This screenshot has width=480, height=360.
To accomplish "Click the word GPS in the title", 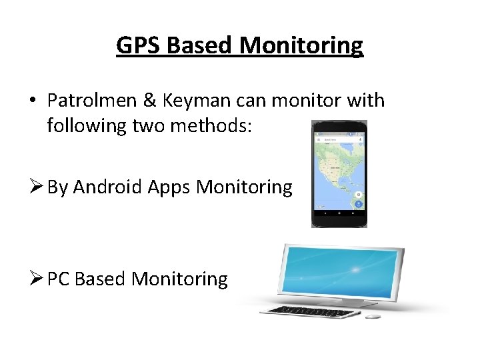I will coord(139,45).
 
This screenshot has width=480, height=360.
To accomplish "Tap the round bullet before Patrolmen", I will coord(32,101).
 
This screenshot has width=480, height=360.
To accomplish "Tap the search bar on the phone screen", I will coord(339,141).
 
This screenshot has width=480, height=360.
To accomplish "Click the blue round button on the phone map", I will coord(359,205).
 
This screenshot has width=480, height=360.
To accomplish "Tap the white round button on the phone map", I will coord(359,194).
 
